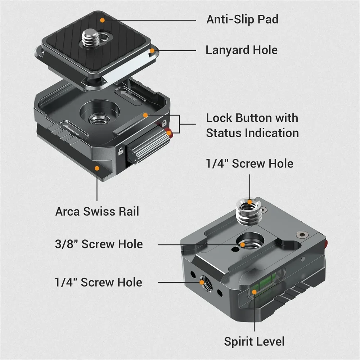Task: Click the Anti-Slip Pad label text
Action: tap(242, 19)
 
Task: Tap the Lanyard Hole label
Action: tap(242, 50)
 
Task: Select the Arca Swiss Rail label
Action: tap(97, 211)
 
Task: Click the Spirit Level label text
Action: tap(254, 341)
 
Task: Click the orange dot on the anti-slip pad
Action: tap(103, 20)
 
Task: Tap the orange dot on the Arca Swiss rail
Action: tap(97, 167)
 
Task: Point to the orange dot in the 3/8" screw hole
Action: tap(243, 244)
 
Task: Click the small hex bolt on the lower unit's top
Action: tap(300, 234)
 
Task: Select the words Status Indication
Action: tap(252, 133)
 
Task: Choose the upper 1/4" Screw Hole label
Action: tap(249, 163)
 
